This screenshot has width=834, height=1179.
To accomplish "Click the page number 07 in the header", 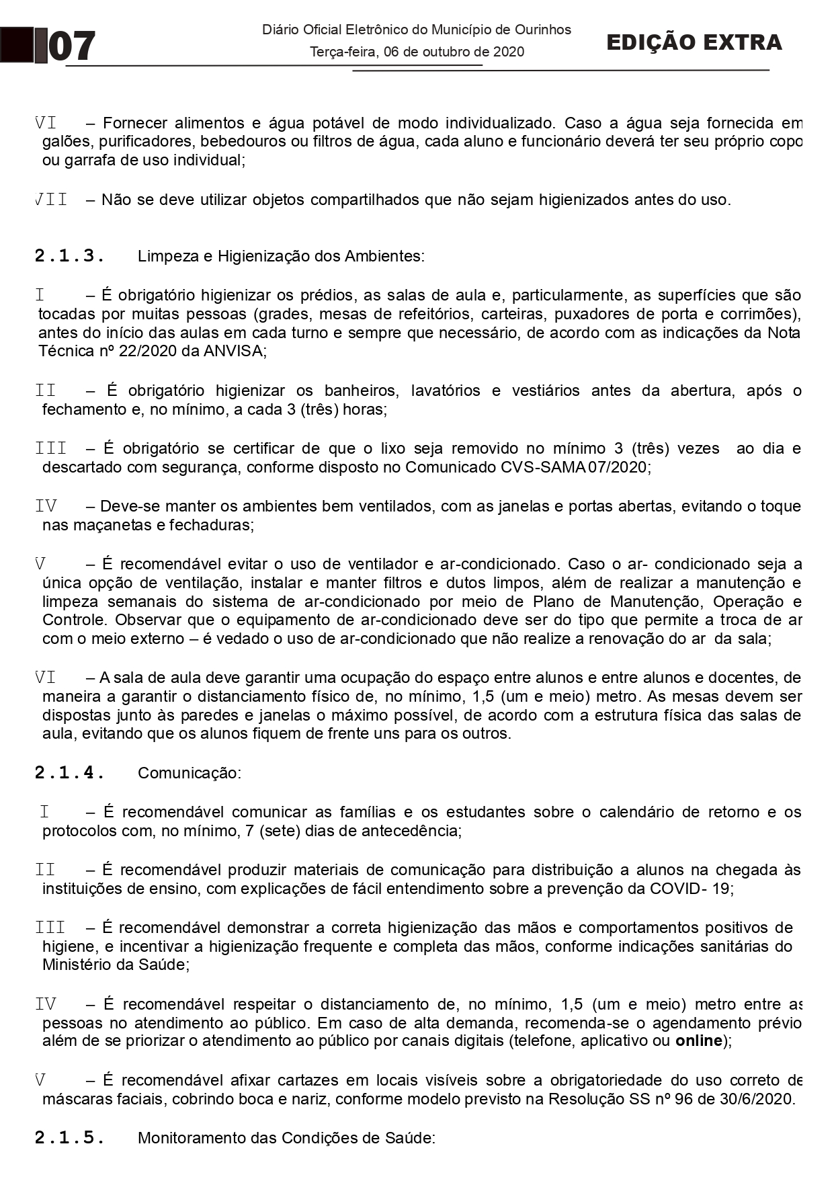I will (72, 47).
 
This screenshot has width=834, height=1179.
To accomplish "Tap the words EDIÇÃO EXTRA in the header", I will (694, 42).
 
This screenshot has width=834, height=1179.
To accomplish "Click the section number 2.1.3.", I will (69, 256).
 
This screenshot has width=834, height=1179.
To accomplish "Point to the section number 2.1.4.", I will (69, 773).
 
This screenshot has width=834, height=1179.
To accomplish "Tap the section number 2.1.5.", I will (69, 1138).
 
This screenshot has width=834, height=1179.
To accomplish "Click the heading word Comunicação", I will (189, 773).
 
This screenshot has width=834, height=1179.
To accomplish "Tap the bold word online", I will (702, 1041).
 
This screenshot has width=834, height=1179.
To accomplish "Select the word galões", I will (62, 142).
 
